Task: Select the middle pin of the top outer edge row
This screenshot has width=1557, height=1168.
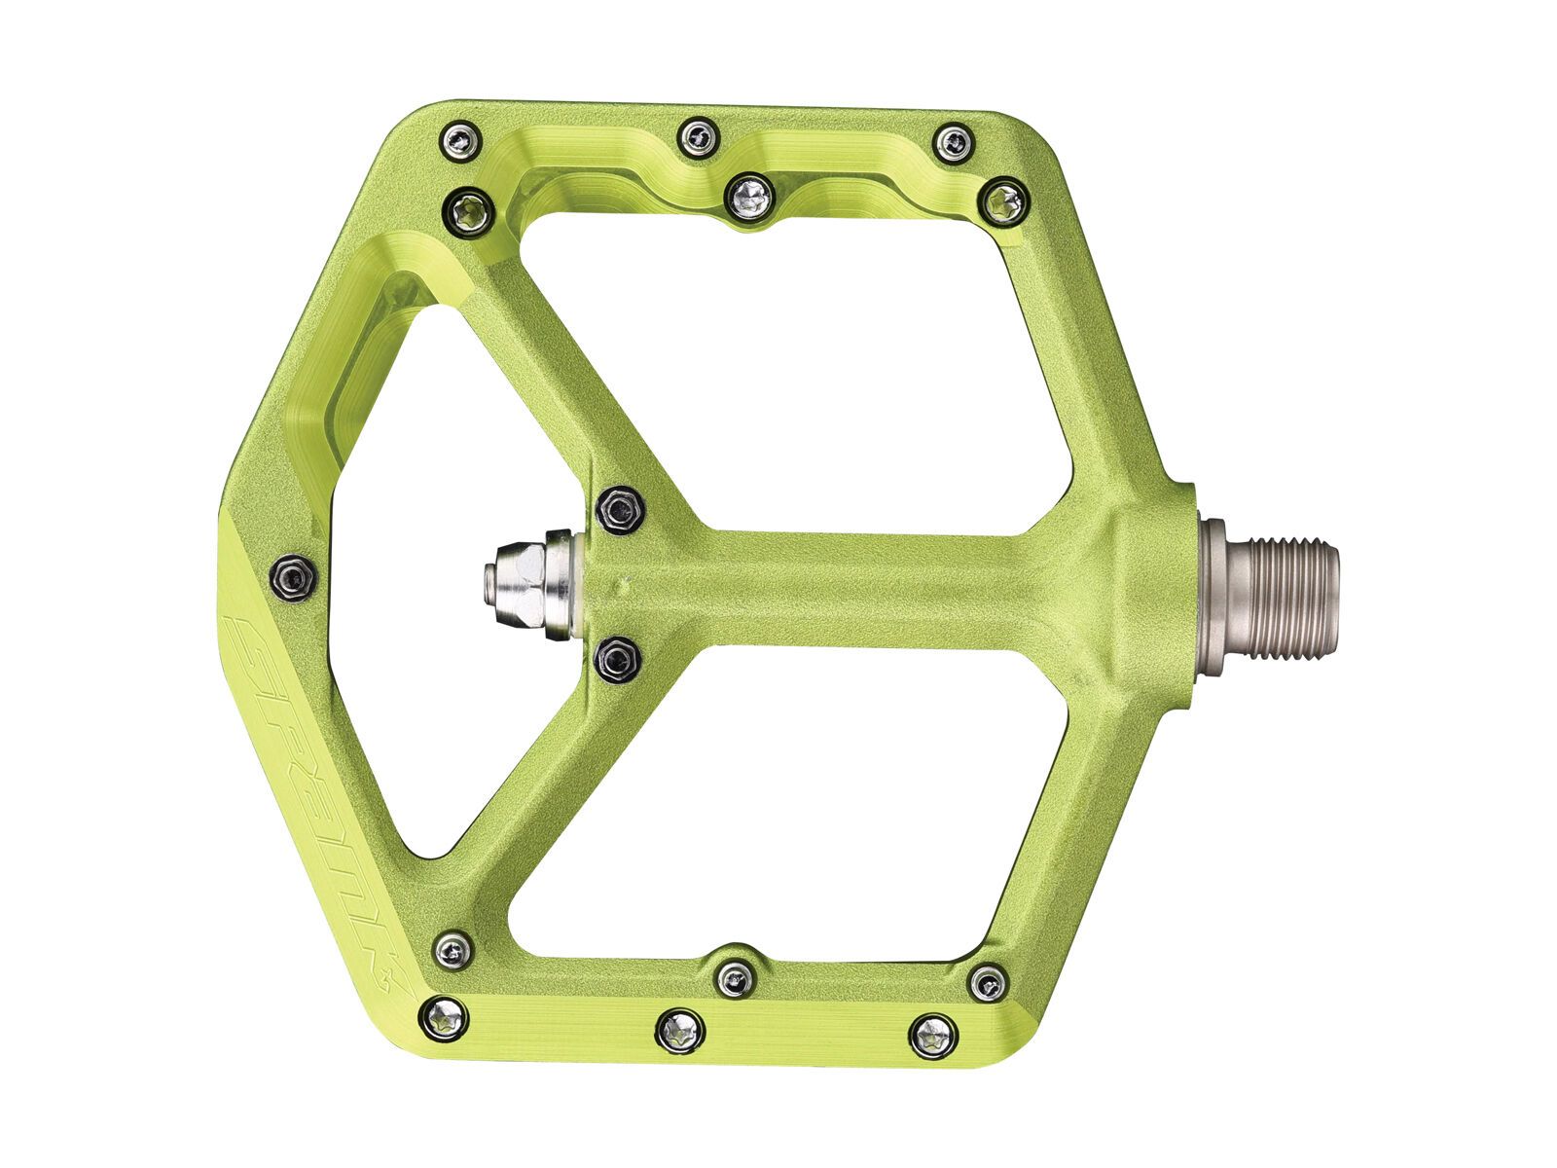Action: tap(697, 135)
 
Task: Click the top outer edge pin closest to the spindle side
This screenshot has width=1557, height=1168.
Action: tap(953, 142)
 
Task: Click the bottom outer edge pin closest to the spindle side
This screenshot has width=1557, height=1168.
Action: tap(932, 1034)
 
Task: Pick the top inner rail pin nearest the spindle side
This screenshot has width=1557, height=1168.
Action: tap(1003, 202)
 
